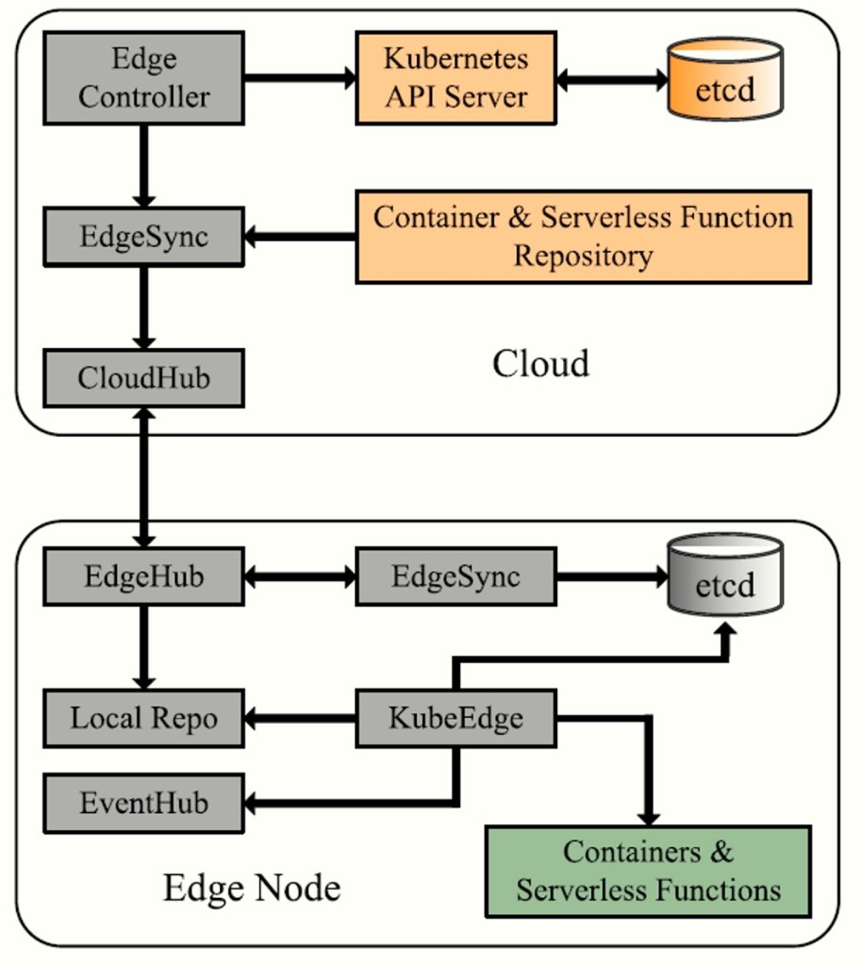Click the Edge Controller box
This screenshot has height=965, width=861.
(143, 77)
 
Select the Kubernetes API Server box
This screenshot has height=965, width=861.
(455, 77)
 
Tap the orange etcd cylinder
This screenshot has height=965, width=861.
(725, 79)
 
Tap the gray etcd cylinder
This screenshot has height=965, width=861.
(725, 575)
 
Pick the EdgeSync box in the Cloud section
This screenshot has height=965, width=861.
(143, 236)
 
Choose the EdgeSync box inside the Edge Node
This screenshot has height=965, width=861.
(455, 575)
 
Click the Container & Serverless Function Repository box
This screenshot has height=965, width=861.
(583, 236)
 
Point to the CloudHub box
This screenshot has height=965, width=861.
(143, 378)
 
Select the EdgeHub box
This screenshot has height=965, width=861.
(143, 575)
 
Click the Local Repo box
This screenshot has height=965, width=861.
(143, 718)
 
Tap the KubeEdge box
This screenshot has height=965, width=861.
(455, 718)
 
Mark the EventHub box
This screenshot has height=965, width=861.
(143, 804)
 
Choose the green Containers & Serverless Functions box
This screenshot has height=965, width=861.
(648, 872)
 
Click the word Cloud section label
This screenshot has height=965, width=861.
(540, 363)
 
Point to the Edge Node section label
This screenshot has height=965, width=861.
(251, 888)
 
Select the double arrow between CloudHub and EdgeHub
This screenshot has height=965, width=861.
(143, 477)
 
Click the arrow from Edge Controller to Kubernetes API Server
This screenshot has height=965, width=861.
(299, 77)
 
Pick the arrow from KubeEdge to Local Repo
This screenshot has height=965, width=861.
(299, 719)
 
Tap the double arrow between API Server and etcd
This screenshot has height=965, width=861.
(611, 79)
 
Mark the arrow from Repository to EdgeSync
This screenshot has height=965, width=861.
(299, 236)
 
